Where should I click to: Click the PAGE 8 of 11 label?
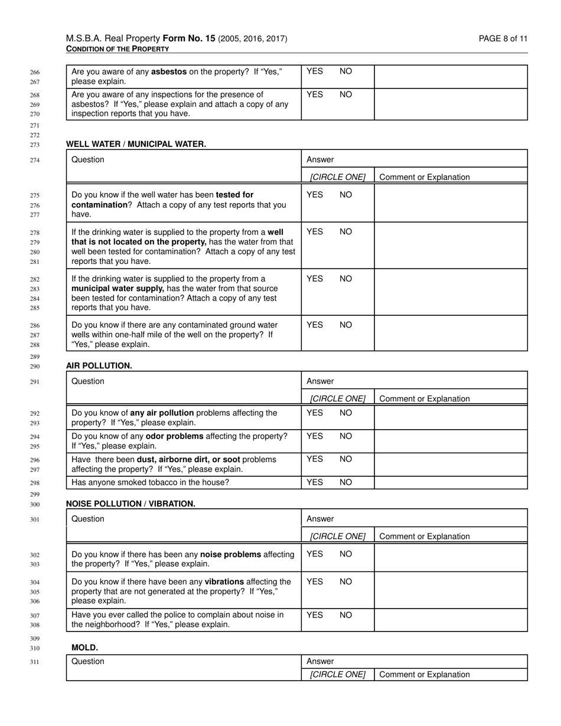503,39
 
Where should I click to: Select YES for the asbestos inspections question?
315,94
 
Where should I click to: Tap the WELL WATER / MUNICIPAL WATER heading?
136,144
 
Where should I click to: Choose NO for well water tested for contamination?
345,195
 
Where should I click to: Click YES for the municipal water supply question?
315,279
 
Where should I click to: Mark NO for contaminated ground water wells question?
345,325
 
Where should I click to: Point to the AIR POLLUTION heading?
99,366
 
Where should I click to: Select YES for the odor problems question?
315,436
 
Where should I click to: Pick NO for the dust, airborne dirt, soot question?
345,459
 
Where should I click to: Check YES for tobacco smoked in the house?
315,482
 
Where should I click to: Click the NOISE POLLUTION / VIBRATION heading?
131,504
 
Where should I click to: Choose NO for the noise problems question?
345,554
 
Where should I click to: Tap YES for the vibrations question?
315,581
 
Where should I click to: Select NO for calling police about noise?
345,615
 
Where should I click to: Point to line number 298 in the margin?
35,483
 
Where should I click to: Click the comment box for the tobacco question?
451,482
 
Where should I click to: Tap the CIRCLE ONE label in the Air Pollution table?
338,399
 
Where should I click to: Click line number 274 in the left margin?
35,160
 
